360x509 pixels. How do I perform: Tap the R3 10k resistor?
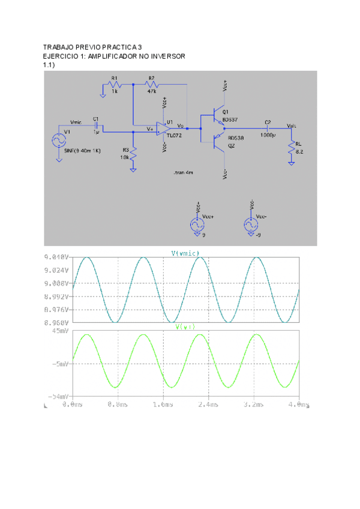[133, 155]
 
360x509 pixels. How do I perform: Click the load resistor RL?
[291, 147]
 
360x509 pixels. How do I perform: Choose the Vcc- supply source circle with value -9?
[250, 225]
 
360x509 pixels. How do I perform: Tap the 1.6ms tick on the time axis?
[163, 405]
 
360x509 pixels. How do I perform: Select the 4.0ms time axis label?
[298, 405]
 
